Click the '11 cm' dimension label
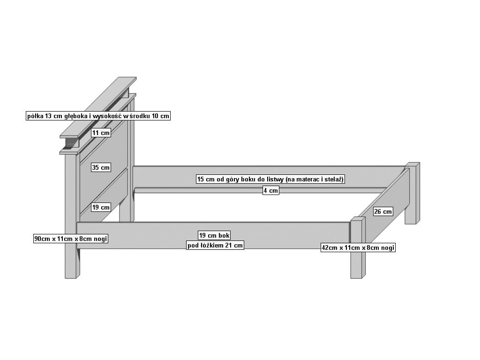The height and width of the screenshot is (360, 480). (101, 133)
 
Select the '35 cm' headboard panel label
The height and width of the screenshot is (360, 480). (101, 167)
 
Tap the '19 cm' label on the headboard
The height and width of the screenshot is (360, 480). (101, 207)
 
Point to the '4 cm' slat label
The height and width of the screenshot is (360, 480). (271, 190)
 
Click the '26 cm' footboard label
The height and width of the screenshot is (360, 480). (383, 211)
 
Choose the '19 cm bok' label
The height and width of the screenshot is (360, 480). (214, 235)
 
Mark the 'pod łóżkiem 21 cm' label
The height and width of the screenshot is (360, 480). (215, 245)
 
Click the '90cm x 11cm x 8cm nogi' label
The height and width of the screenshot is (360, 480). (71, 239)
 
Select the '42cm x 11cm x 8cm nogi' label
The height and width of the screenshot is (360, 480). (358, 247)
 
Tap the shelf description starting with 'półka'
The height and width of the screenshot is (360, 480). (98, 116)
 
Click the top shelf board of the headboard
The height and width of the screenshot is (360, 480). (98, 107)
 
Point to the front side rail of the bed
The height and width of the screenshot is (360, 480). (213, 235)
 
